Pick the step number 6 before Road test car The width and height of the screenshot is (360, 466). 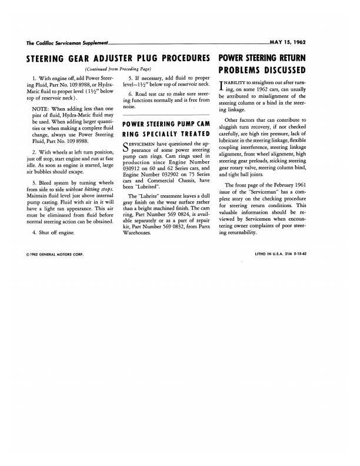pos(129,94)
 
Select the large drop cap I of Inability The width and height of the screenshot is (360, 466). pos(221,84)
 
